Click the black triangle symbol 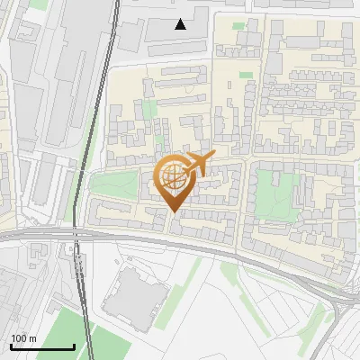[181, 24]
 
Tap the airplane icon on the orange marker [198, 165]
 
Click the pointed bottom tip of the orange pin [174, 211]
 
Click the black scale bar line [41, 346]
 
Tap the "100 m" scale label [24, 338]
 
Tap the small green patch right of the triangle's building [238, 25]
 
